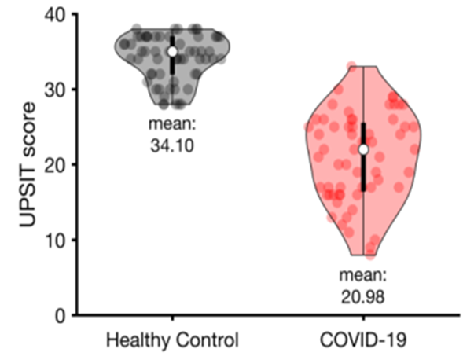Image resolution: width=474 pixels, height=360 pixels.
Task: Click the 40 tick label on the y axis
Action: pos(56,14)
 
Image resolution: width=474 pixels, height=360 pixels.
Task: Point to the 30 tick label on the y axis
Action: pos(56,90)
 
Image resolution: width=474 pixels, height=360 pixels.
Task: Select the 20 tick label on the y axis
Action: pos(56,164)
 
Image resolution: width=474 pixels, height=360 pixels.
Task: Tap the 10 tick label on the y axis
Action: pos(56,240)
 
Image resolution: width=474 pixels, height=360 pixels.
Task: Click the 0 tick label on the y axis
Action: pos(61,314)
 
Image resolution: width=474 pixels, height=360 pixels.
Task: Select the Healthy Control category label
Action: pos(171,340)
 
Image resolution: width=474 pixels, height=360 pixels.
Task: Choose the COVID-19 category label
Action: pos(363,340)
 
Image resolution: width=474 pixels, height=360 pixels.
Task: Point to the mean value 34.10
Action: pos(172,145)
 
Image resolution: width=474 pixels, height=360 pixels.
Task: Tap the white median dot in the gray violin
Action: pos(173,52)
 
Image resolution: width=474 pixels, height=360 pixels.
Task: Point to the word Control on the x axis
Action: pos(206,340)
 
